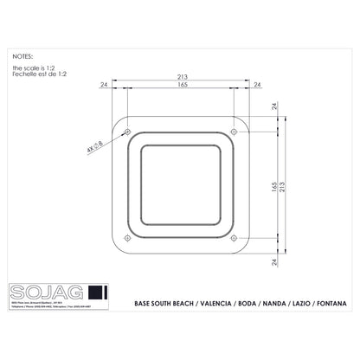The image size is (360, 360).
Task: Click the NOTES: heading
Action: (24, 54)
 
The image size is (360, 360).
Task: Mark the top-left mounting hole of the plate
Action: (128, 132)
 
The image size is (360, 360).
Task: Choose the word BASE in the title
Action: (145, 305)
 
